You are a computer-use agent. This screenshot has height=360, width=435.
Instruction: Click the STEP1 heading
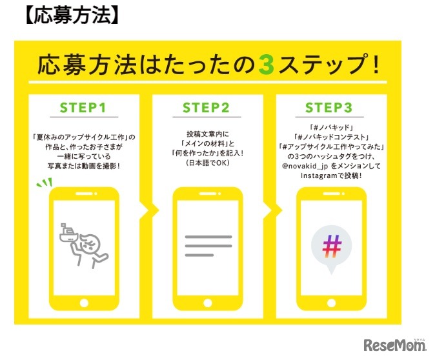83,108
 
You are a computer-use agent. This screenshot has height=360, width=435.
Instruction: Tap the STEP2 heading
206,108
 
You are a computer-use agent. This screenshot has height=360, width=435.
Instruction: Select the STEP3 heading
329,108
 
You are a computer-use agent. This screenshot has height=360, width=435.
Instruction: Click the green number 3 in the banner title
266,65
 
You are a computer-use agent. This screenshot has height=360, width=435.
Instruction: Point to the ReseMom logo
395,345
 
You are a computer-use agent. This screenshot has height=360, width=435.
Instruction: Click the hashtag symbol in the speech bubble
332,246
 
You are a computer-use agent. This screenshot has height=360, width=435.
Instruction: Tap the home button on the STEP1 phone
84,303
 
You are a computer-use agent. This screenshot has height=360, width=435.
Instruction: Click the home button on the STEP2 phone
208,303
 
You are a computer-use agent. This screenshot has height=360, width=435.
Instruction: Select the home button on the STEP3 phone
331,303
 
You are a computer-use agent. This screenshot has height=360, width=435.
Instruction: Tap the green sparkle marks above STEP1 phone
45,183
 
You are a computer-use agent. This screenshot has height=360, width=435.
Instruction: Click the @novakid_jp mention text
305,166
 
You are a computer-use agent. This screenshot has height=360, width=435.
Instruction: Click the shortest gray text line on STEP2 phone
199,255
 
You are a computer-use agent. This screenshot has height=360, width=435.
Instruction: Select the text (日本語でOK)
208,163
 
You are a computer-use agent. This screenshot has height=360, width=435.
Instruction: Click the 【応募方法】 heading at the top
72,15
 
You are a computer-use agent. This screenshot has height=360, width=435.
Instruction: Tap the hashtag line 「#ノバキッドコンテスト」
331,137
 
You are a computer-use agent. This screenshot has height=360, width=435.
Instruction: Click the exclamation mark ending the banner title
376,65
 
